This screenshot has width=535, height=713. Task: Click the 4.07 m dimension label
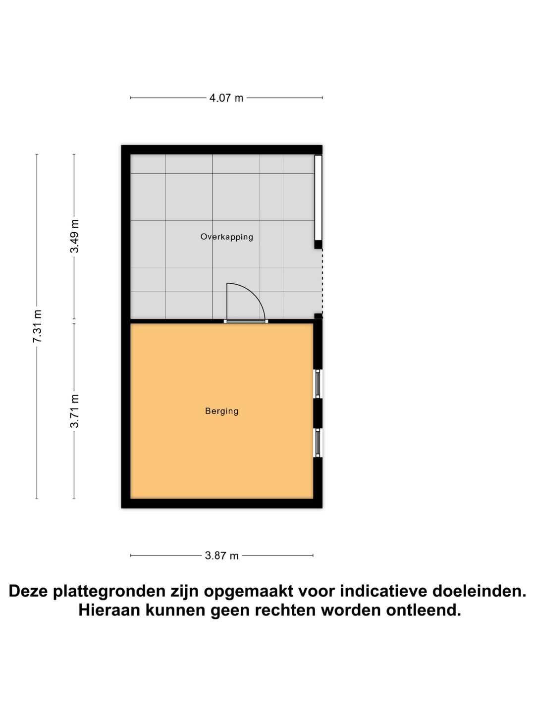(x=226, y=98)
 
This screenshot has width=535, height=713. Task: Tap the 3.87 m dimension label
(x=222, y=556)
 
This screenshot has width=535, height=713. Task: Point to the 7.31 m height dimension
(x=37, y=326)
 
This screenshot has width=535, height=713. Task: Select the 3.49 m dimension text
(x=74, y=236)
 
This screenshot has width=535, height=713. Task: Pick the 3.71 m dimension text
(x=74, y=411)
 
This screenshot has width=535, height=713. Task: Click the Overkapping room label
(x=226, y=237)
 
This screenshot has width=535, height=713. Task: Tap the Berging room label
(x=221, y=411)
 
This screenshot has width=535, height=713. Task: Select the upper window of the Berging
(x=318, y=384)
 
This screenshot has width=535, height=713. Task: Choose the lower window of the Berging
(x=318, y=443)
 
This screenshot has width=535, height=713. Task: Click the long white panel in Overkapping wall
(x=318, y=198)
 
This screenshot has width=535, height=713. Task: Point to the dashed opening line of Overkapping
(x=322, y=281)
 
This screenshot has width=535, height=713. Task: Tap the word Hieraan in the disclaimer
(x=109, y=610)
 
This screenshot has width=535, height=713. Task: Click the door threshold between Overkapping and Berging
(x=246, y=321)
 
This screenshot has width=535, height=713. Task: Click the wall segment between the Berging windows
(x=318, y=413)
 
